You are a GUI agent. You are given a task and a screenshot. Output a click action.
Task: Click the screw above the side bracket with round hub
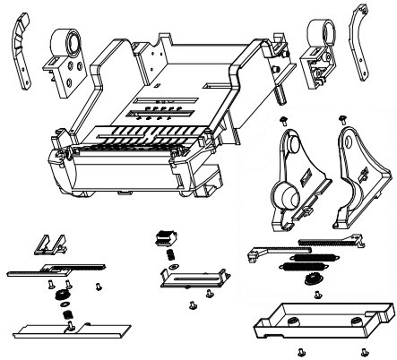click(x=284, y=120)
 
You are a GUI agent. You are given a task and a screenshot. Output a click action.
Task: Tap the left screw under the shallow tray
click(x=301, y=351)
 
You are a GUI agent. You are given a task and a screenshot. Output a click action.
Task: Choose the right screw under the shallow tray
click(x=364, y=351)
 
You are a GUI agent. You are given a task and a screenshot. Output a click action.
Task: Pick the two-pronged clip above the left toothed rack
click(x=51, y=245)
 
